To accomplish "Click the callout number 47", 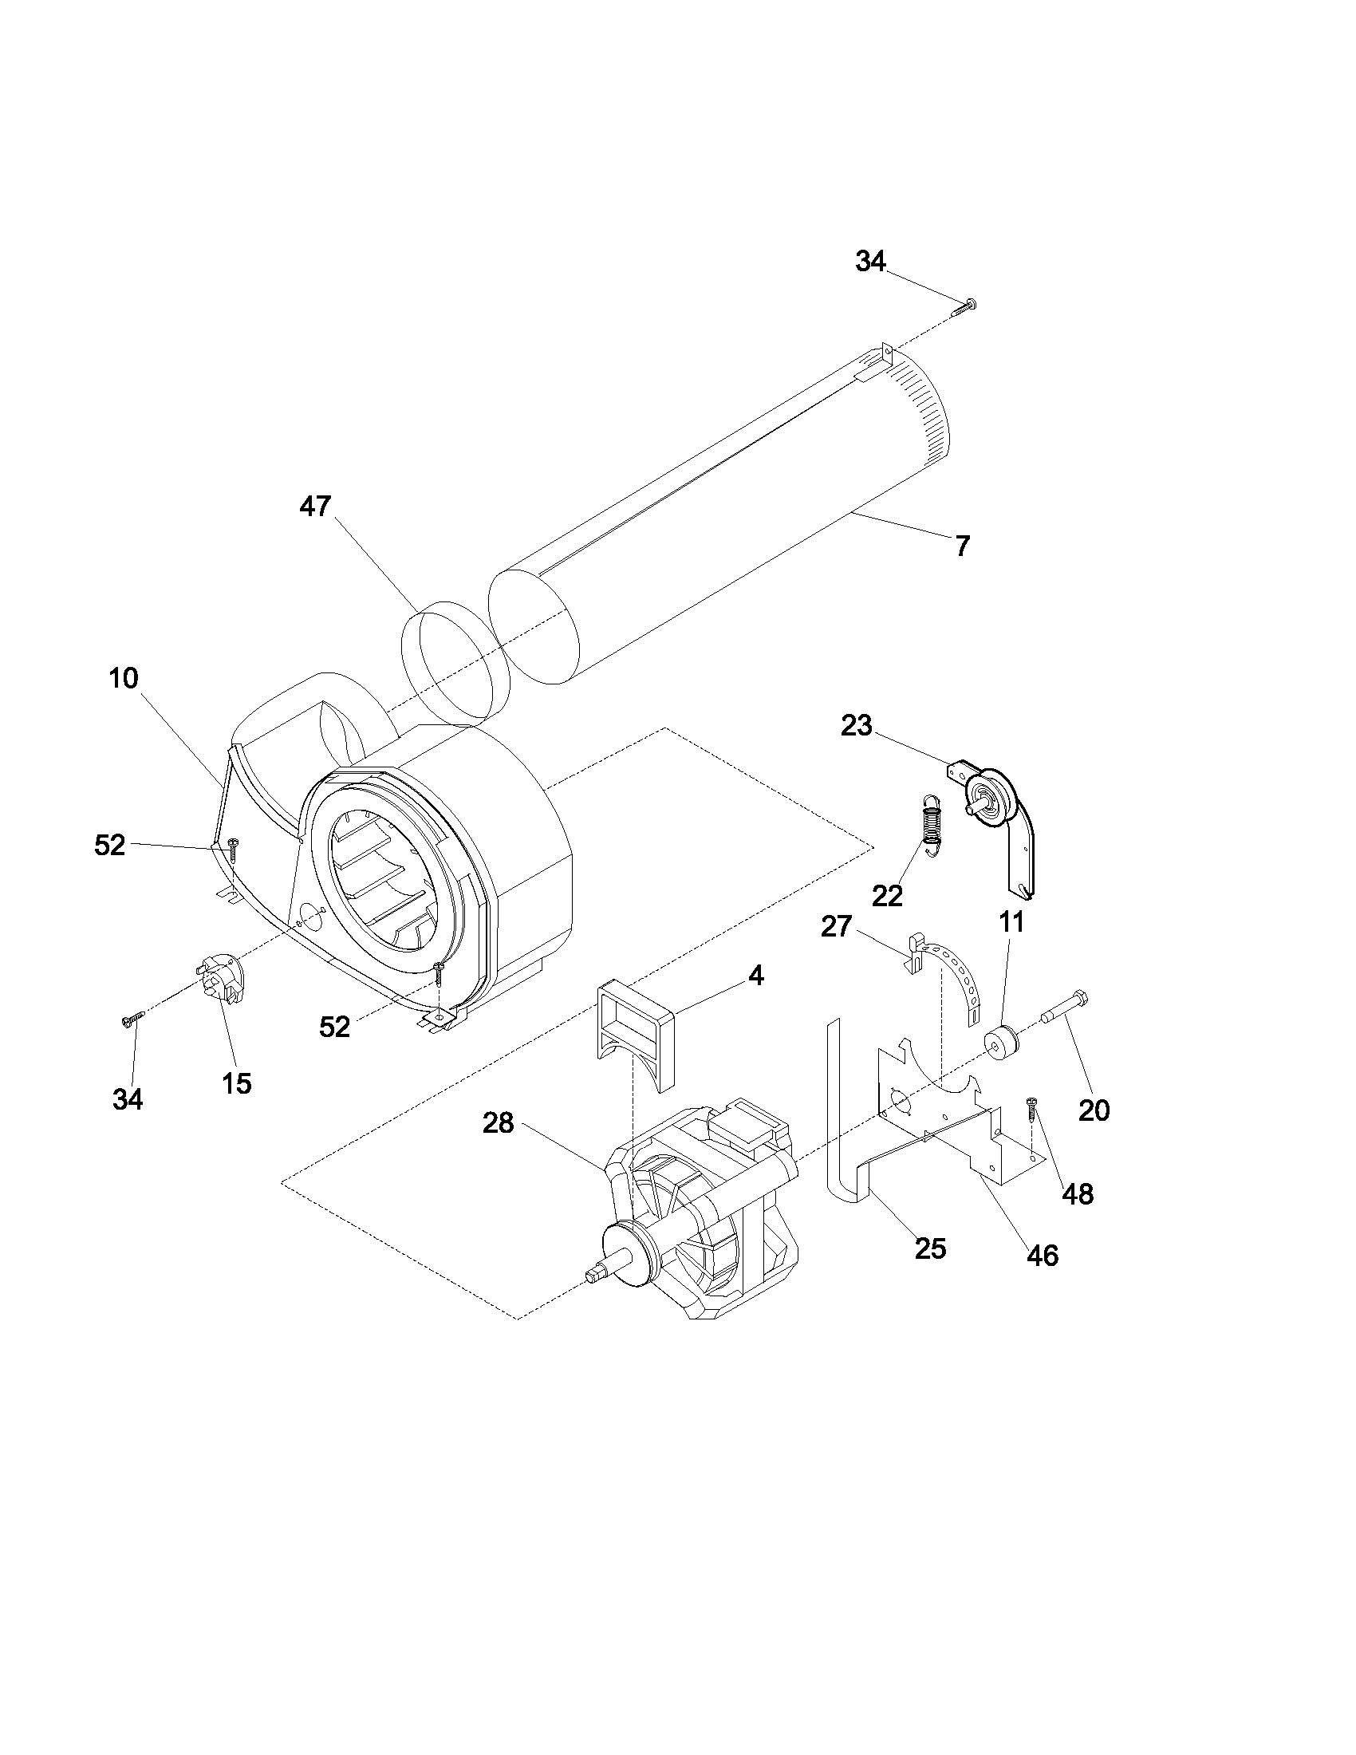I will click(315, 507).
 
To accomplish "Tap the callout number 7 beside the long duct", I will click(963, 546).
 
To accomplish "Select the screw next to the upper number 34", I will click(967, 306).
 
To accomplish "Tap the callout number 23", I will click(857, 726).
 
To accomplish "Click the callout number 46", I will click(1043, 1254).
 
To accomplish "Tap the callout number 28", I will click(498, 1122).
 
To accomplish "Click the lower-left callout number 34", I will click(128, 1099).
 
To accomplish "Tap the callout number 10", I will click(124, 678).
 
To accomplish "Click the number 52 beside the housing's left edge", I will click(110, 845).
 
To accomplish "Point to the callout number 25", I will click(930, 1248).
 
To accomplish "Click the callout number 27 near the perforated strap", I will click(836, 926).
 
